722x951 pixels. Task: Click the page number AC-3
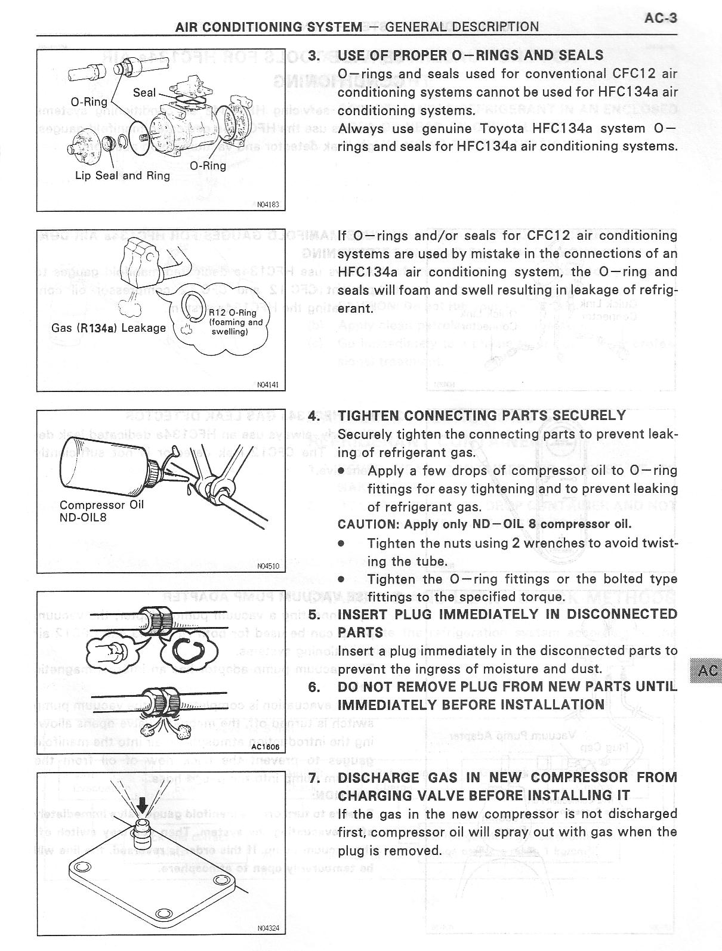pyautogui.click(x=661, y=18)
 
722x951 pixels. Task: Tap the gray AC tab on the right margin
pyautogui.click(x=707, y=671)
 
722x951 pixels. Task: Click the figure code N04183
pyautogui.click(x=267, y=205)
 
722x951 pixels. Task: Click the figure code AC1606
pyautogui.click(x=265, y=746)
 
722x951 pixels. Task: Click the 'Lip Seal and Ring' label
pyautogui.click(x=122, y=175)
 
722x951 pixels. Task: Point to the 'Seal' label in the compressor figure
pyautogui.click(x=144, y=92)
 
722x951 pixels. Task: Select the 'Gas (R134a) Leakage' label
pyautogui.click(x=109, y=328)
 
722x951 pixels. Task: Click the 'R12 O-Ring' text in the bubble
pyautogui.click(x=233, y=313)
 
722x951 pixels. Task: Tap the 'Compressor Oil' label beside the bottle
pyautogui.click(x=101, y=505)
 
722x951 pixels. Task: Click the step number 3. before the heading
pyautogui.click(x=314, y=55)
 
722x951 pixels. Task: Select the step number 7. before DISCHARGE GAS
pyautogui.click(x=314, y=777)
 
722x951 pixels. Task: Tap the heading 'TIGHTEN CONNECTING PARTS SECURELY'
pyautogui.click(x=482, y=416)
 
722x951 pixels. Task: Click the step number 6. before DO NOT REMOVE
pyautogui.click(x=314, y=687)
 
